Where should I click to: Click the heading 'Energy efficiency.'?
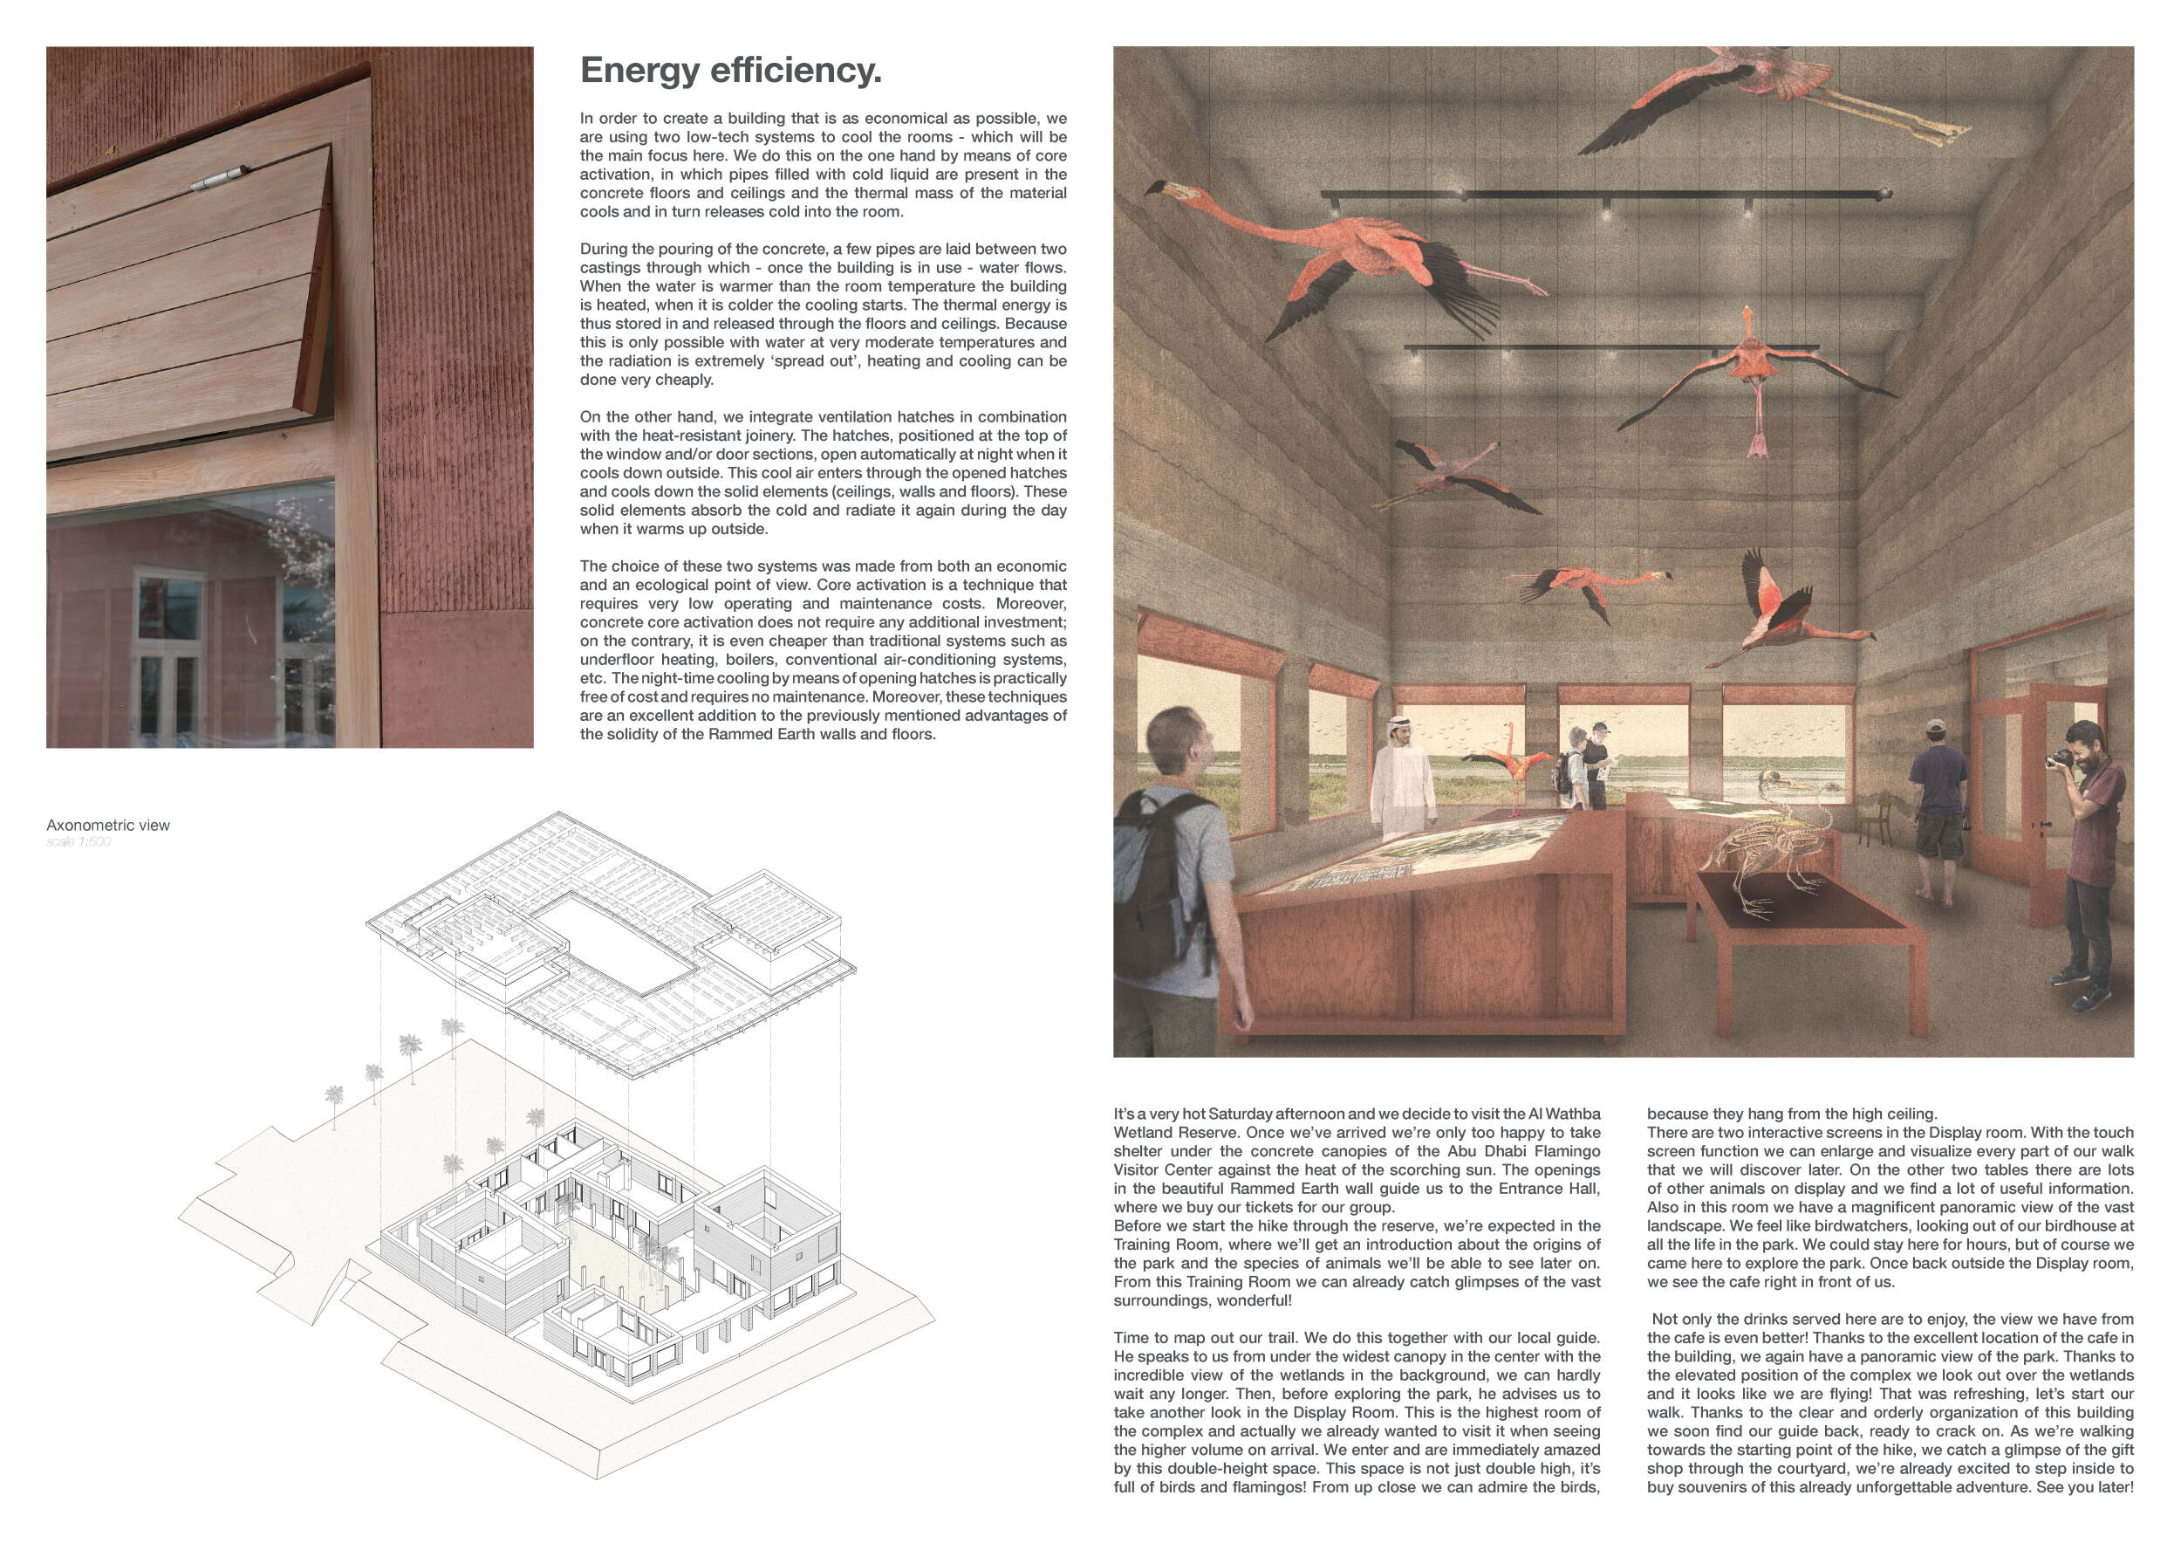point(730,72)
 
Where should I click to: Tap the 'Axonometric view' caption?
point(108,826)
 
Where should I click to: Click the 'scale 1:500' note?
point(79,843)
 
